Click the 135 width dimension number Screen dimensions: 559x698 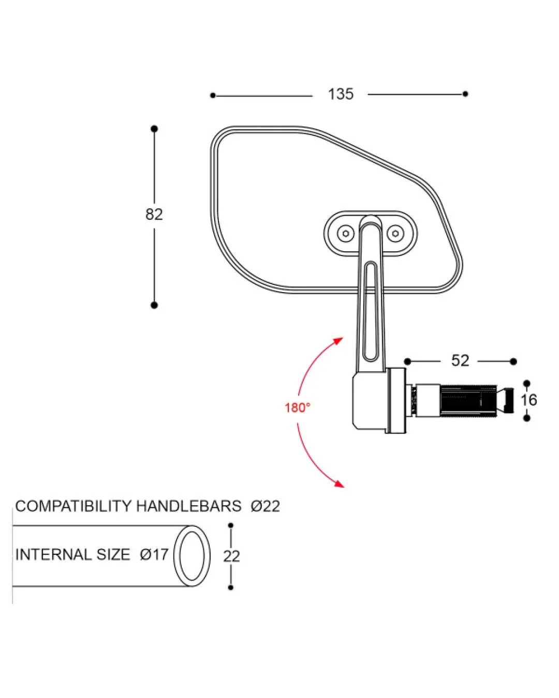pos(341,94)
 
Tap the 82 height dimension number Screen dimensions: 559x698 pos(154,214)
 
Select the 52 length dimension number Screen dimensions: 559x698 pos(460,360)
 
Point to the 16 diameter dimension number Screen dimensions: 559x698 pos(529,400)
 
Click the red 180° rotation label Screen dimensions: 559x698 pos(298,408)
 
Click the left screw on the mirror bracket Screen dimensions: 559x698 pos(346,234)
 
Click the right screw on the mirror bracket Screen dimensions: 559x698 pos(395,234)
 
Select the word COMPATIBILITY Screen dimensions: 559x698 pos(73,506)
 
